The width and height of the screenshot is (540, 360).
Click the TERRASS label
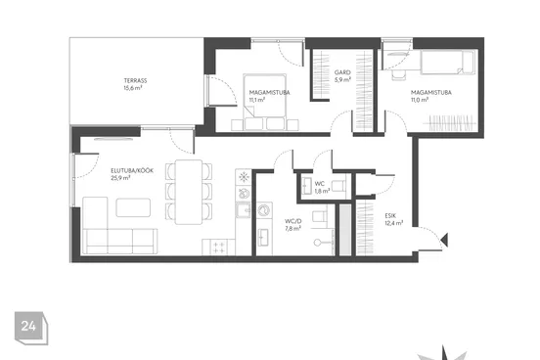(x=135, y=80)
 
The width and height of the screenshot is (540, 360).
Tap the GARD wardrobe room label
(x=342, y=72)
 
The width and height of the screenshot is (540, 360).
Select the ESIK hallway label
(x=390, y=215)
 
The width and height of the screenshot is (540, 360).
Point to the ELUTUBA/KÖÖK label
(x=132, y=170)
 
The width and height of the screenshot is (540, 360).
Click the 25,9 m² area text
(x=120, y=178)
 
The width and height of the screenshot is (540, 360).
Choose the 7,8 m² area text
(x=293, y=228)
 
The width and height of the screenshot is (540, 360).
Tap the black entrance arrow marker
(x=444, y=240)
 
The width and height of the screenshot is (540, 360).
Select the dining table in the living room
(x=189, y=192)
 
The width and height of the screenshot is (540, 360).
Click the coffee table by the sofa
(x=133, y=207)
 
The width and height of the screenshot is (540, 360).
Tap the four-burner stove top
(x=219, y=247)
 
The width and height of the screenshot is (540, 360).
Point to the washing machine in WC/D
(x=264, y=210)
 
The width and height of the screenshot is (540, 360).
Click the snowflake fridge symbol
(x=244, y=177)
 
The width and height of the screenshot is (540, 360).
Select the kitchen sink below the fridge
(x=244, y=210)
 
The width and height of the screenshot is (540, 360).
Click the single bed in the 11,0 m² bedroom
(x=448, y=62)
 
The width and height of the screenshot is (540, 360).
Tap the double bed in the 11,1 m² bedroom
(x=264, y=102)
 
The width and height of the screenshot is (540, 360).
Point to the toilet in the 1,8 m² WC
(x=339, y=186)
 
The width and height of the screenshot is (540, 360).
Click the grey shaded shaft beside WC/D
(x=345, y=230)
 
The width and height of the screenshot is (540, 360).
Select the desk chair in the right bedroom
(x=398, y=75)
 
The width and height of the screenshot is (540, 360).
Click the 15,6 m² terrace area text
(x=133, y=88)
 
